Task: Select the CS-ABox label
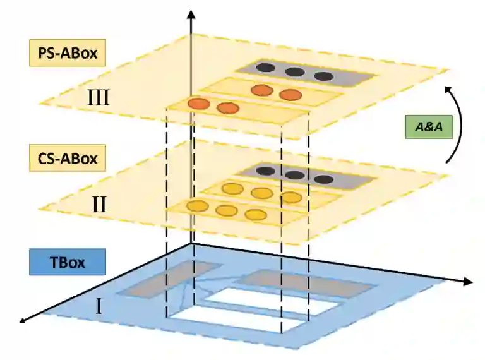pos(66,157)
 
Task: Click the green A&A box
pos(429,127)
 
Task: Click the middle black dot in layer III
pos(294,71)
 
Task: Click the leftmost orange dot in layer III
pos(198,104)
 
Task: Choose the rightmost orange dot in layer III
pos(290,95)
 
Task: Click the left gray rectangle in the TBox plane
pos(165,279)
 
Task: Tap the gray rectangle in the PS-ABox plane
pos(306,75)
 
